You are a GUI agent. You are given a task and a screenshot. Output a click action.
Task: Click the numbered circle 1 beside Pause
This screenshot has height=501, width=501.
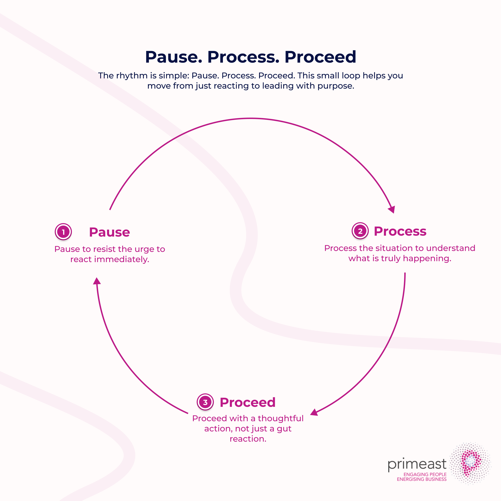click(63, 232)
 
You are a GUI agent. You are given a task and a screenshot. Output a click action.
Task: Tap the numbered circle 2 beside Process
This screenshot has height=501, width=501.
click(360, 231)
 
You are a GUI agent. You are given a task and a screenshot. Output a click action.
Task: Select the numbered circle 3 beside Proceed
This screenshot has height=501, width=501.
click(205, 402)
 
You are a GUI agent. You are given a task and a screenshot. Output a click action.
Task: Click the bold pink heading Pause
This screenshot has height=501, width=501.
click(109, 232)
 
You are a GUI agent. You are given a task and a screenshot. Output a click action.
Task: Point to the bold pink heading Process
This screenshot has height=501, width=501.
click(400, 231)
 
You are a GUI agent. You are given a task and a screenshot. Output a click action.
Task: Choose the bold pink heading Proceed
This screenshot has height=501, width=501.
click(247, 402)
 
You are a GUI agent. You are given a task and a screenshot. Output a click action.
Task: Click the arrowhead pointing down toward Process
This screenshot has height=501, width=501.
click(392, 209)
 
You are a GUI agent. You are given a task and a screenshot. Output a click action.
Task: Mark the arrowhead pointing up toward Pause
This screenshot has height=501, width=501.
click(97, 281)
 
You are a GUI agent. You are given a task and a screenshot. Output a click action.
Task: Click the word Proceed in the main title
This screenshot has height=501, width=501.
click(320, 57)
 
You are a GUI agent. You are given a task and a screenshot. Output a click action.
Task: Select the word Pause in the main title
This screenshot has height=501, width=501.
click(173, 57)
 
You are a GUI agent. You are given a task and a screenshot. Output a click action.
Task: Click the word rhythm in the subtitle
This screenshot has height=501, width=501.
click(132, 75)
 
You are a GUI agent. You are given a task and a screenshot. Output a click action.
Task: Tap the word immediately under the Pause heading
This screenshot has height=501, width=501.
click(122, 259)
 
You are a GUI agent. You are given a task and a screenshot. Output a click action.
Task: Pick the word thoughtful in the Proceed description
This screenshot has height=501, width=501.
click(280, 418)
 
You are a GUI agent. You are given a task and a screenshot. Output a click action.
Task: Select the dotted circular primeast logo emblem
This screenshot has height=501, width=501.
click(470, 463)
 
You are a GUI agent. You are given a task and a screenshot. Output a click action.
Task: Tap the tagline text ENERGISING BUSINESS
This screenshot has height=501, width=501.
click(422, 479)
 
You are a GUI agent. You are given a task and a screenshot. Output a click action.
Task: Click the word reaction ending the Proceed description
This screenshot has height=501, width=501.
click(248, 439)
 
